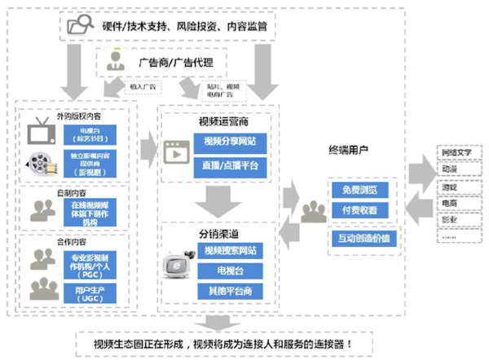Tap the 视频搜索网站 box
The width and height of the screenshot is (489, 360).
pyautogui.click(x=231, y=249)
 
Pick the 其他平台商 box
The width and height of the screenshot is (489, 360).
pyautogui.click(x=231, y=290)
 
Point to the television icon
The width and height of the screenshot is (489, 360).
pyautogui.click(x=40, y=133)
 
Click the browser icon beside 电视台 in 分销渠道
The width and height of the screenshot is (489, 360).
pyautogui.click(x=177, y=270)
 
